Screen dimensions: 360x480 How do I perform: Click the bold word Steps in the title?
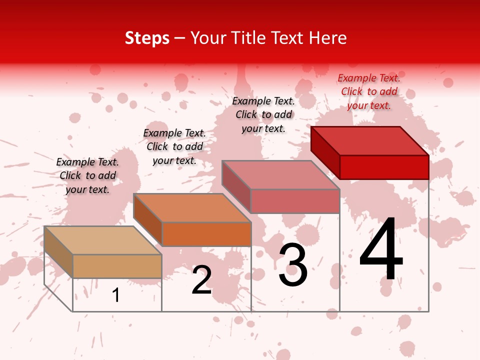(x=147, y=38)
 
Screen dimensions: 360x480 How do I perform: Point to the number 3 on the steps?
(x=292, y=265)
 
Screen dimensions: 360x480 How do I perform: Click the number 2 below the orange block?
(x=201, y=280)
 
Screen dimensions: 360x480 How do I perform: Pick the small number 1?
(x=116, y=295)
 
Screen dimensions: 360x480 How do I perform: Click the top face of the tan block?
(x=103, y=240)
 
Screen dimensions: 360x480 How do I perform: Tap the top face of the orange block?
(x=192, y=208)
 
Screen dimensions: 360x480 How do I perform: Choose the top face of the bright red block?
(x=370, y=141)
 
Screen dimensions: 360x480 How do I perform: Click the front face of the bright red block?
(x=384, y=167)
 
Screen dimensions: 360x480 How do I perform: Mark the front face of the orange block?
(x=206, y=234)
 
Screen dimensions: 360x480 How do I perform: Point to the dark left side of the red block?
(x=325, y=152)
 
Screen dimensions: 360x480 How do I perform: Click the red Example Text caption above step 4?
(x=369, y=91)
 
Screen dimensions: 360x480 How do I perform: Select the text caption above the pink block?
(x=263, y=114)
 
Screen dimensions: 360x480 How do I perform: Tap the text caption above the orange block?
(x=174, y=146)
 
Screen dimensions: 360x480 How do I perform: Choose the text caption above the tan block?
(x=87, y=175)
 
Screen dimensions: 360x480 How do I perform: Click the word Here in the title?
(x=327, y=38)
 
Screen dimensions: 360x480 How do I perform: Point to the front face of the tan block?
(x=117, y=266)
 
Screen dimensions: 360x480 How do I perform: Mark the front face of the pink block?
(x=295, y=201)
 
